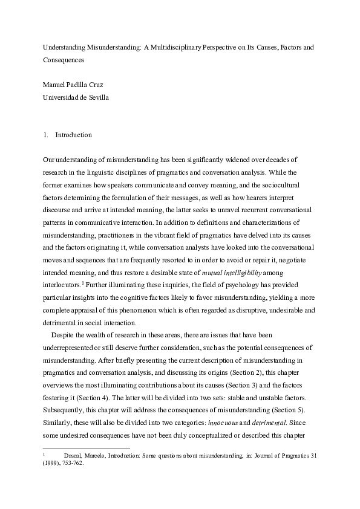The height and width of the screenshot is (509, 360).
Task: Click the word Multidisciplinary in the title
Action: (x=175, y=47)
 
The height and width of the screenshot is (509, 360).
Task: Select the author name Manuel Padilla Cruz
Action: (x=72, y=84)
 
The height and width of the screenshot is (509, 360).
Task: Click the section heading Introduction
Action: (x=73, y=135)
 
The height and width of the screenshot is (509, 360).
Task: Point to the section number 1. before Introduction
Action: (x=46, y=135)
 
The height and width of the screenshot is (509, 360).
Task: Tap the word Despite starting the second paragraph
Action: (x=65, y=336)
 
